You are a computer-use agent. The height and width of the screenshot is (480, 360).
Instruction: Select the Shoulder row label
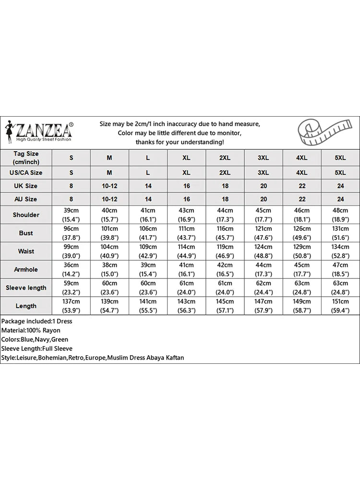pyautogui.click(x=26, y=215)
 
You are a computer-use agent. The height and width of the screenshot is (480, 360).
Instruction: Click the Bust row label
pyautogui.click(x=26, y=233)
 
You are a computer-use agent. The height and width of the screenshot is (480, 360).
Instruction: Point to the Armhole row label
pyautogui.click(x=26, y=269)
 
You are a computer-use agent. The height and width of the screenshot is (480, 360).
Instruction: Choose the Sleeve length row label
pyautogui.click(x=26, y=288)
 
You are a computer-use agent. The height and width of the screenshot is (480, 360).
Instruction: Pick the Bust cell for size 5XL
pyautogui.click(x=340, y=233)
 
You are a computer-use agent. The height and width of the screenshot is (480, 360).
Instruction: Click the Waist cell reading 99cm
pyautogui.click(x=72, y=251)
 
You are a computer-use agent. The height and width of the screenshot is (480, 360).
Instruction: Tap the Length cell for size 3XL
pyautogui.click(x=264, y=306)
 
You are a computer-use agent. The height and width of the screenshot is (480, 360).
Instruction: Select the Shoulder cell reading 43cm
pyautogui.click(x=187, y=215)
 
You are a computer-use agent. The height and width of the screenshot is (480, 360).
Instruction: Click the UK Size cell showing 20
pyautogui.click(x=264, y=186)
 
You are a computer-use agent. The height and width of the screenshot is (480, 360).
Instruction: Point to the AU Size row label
pyautogui.click(x=26, y=199)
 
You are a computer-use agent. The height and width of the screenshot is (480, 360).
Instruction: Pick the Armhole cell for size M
pyautogui.click(x=109, y=269)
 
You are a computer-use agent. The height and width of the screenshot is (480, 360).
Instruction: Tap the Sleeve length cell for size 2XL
pyautogui.click(x=225, y=288)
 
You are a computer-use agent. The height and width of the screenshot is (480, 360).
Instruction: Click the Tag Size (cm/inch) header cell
pyautogui.click(x=26, y=157)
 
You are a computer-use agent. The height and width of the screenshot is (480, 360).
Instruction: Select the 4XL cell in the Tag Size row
pyautogui.click(x=302, y=157)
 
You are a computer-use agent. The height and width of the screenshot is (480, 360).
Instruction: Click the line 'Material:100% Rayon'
pyautogui.click(x=31, y=330)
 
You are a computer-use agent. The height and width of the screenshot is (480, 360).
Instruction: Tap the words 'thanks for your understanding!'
pyautogui.click(x=180, y=142)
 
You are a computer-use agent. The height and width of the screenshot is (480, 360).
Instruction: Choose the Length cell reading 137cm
pyautogui.click(x=72, y=306)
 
